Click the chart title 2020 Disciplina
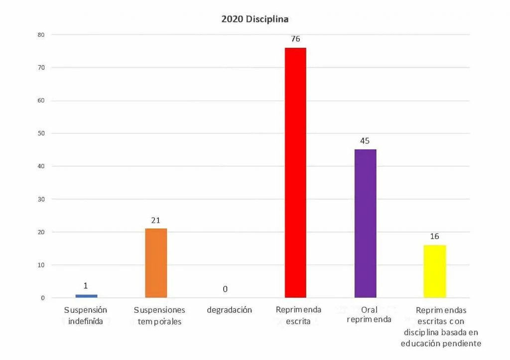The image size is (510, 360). [x=255, y=19]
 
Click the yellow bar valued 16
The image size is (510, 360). [x=435, y=271]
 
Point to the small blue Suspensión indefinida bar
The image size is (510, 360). [x=86, y=296]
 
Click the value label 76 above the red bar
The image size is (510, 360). [x=295, y=39]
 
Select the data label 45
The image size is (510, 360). [x=365, y=141]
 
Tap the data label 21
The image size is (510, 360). [x=156, y=220]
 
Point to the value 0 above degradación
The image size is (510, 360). [x=225, y=289]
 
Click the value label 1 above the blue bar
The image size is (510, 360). [x=86, y=286]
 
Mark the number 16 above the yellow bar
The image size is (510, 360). [x=435, y=236]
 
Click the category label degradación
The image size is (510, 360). [x=229, y=310]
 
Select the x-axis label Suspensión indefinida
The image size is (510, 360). [x=86, y=315]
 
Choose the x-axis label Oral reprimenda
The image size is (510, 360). [x=369, y=314]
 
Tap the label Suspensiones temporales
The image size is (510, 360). [x=159, y=315]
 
